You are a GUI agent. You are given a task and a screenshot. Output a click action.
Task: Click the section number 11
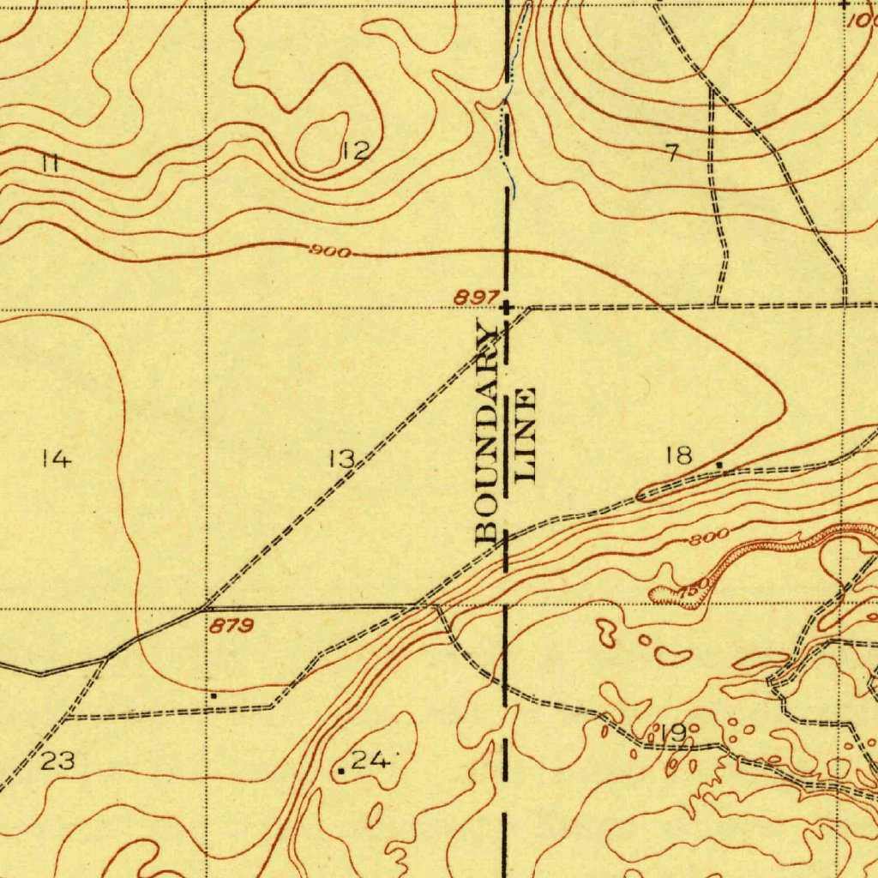click(51, 163)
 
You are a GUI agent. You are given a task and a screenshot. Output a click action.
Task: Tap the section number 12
click(354, 152)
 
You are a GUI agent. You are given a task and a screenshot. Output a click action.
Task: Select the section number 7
click(671, 153)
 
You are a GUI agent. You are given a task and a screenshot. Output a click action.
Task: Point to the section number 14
click(57, 460)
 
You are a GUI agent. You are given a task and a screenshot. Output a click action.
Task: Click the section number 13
click(341, 460)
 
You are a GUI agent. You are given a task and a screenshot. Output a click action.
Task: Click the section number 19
click(673, 733)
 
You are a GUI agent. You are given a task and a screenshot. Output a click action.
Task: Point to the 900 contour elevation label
click(329, 252)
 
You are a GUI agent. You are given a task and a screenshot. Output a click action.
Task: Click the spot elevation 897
click(477, 298)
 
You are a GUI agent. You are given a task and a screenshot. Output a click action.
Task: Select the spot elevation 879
click(232, 627)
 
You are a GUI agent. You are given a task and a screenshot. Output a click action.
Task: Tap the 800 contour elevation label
click(710, 538)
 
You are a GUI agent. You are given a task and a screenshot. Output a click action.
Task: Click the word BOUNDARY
click(486, 433)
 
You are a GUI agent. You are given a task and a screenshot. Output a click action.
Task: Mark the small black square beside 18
click(719, 465)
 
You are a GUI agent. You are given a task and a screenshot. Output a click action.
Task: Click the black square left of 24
click(340, 772)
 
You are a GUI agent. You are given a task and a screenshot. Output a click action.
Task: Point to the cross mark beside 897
click(506, 306)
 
